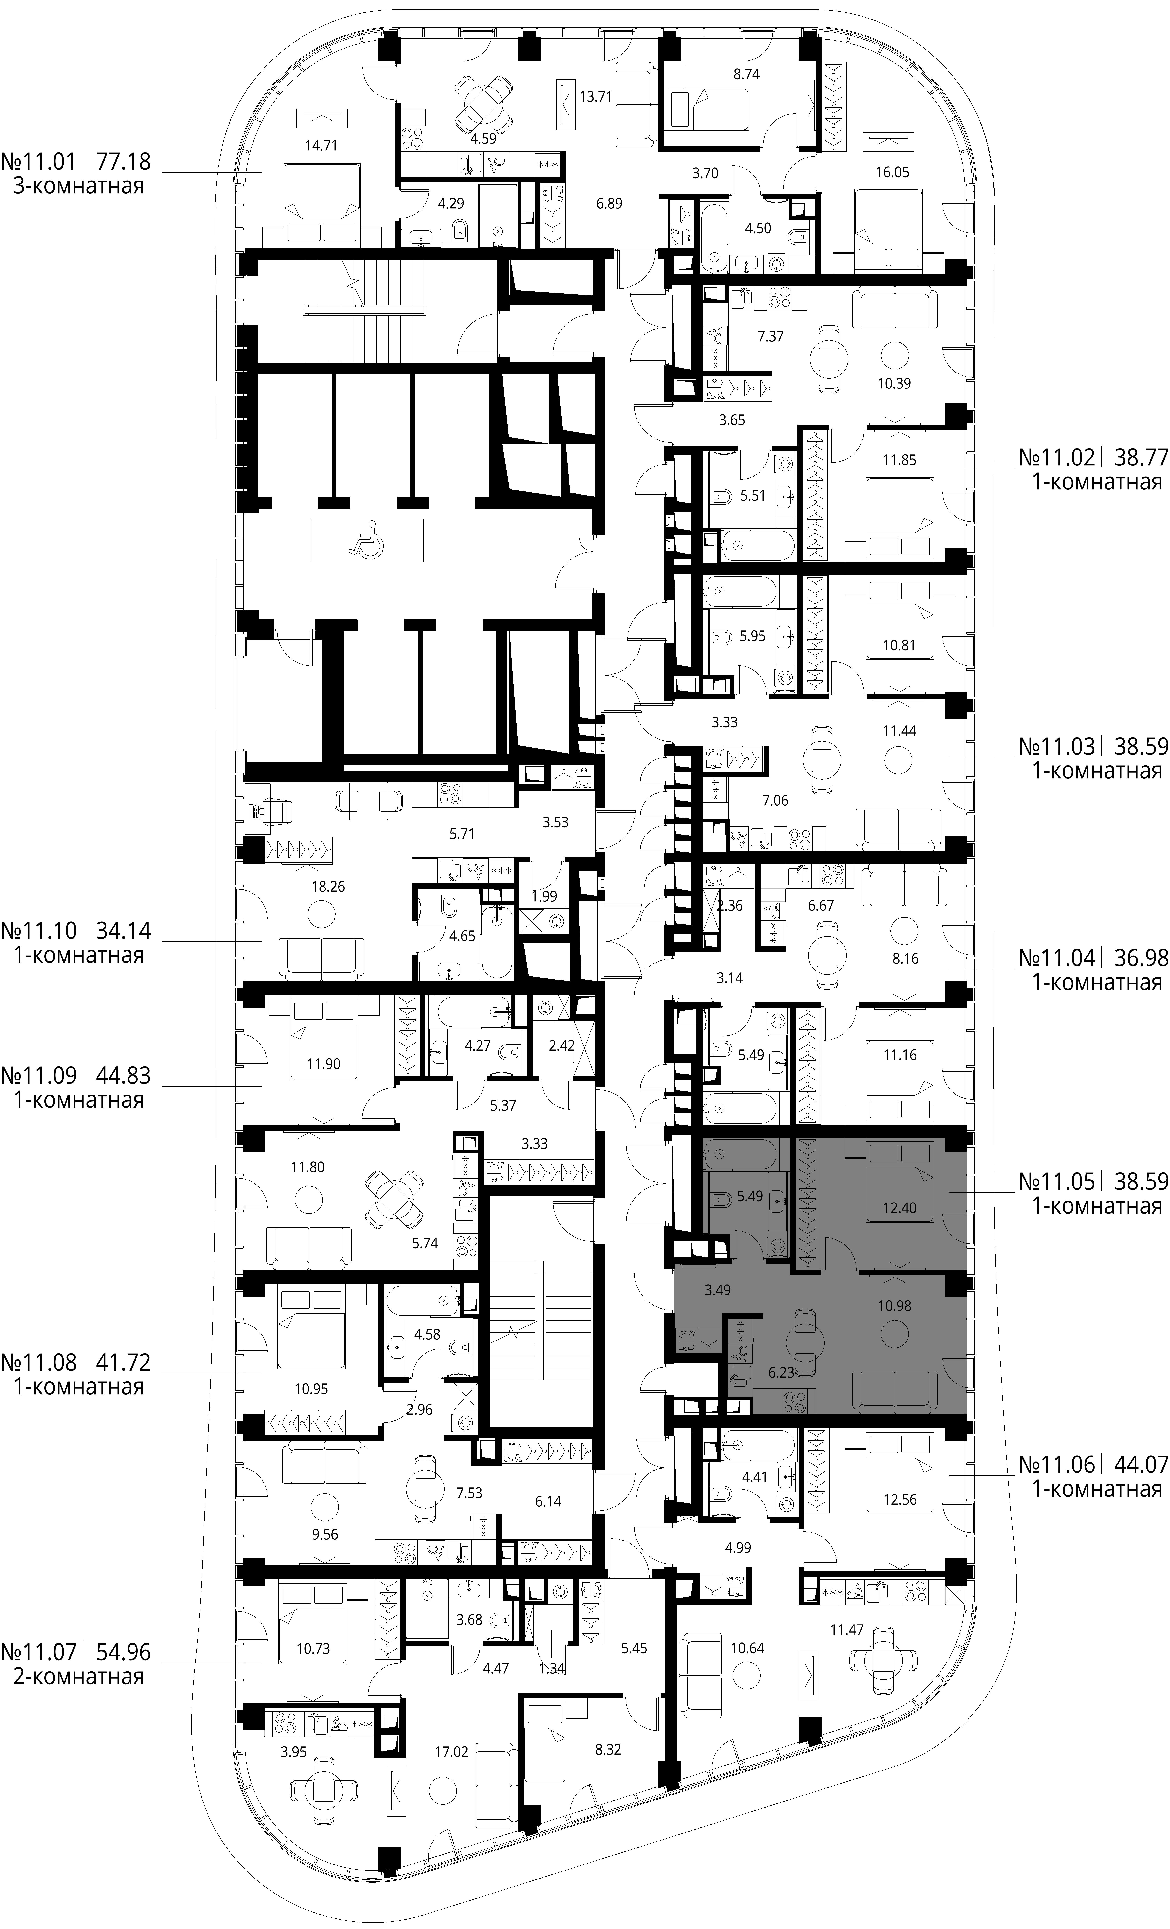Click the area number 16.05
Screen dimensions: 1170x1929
(x=892, y=172)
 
